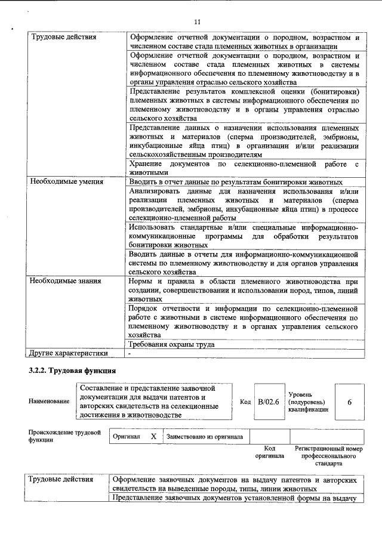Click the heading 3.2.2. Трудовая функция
coord(72,371)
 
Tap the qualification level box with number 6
coord(349,402)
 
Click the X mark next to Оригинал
coord(153,436)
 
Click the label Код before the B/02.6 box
coord(245,402)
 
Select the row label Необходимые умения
coord(67,181)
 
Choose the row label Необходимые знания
coord(66,280)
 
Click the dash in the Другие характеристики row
coord(129,353)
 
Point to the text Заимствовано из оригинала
coord(205,436)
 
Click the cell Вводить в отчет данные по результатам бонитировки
coord(236,181)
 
